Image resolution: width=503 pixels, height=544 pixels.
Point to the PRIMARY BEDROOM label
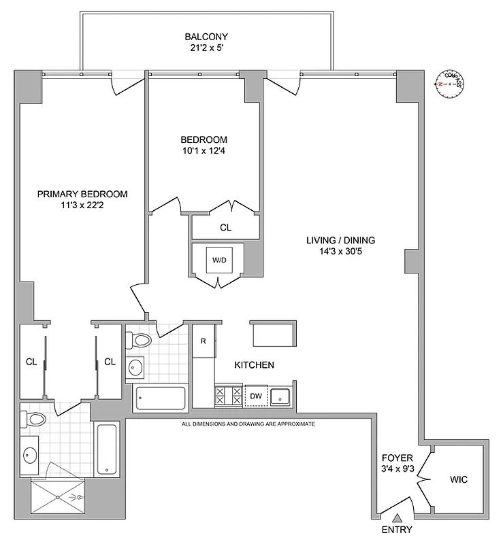coord(82,194)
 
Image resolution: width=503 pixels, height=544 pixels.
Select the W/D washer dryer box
coord(218,260)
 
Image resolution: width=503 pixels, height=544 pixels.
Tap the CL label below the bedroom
coord(225,228)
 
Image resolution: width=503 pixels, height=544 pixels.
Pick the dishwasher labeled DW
coord(255,396)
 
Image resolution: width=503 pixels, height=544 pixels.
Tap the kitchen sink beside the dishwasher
coord(281,396)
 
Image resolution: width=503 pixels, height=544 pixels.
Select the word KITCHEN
coord(254,365)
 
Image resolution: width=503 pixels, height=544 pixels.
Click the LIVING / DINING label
coord(341,240)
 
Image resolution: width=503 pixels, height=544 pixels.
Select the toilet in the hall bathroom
coord(142,340)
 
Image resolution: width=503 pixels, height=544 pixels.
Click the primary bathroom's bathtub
coord(108,449)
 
